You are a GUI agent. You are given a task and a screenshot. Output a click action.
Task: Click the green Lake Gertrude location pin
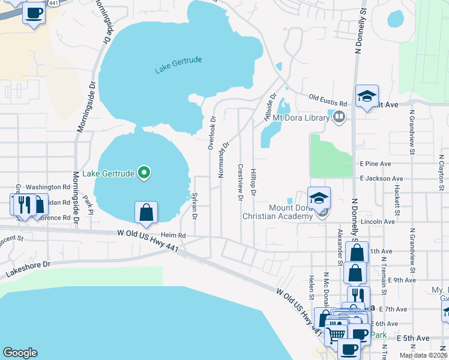pos(144,173)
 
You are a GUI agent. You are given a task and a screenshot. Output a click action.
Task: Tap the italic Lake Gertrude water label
pos(178,65)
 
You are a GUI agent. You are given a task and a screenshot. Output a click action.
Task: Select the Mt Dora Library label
pos(301,118)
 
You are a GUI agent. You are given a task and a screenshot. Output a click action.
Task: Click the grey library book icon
pos(339,118)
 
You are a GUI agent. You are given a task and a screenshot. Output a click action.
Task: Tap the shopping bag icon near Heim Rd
pos(146,212)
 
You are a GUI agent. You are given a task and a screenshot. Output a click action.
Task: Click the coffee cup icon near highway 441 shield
pos(34,13)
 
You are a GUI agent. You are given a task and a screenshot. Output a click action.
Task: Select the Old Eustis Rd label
pos(328,97)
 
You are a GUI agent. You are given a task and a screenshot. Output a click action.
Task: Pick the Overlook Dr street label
pos(211,132)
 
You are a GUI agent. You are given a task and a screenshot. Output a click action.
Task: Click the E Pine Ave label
pos(375,163)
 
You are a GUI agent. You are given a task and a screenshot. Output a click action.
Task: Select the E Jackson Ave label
pos(381,178)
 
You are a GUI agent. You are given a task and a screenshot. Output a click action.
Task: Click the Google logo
pos(20,353)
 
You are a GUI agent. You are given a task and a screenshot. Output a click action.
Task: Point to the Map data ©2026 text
pos(423,355)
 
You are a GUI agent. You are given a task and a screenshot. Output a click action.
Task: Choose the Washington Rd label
pos(48,187)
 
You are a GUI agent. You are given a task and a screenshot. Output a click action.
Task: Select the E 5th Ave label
pos(414,338)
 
